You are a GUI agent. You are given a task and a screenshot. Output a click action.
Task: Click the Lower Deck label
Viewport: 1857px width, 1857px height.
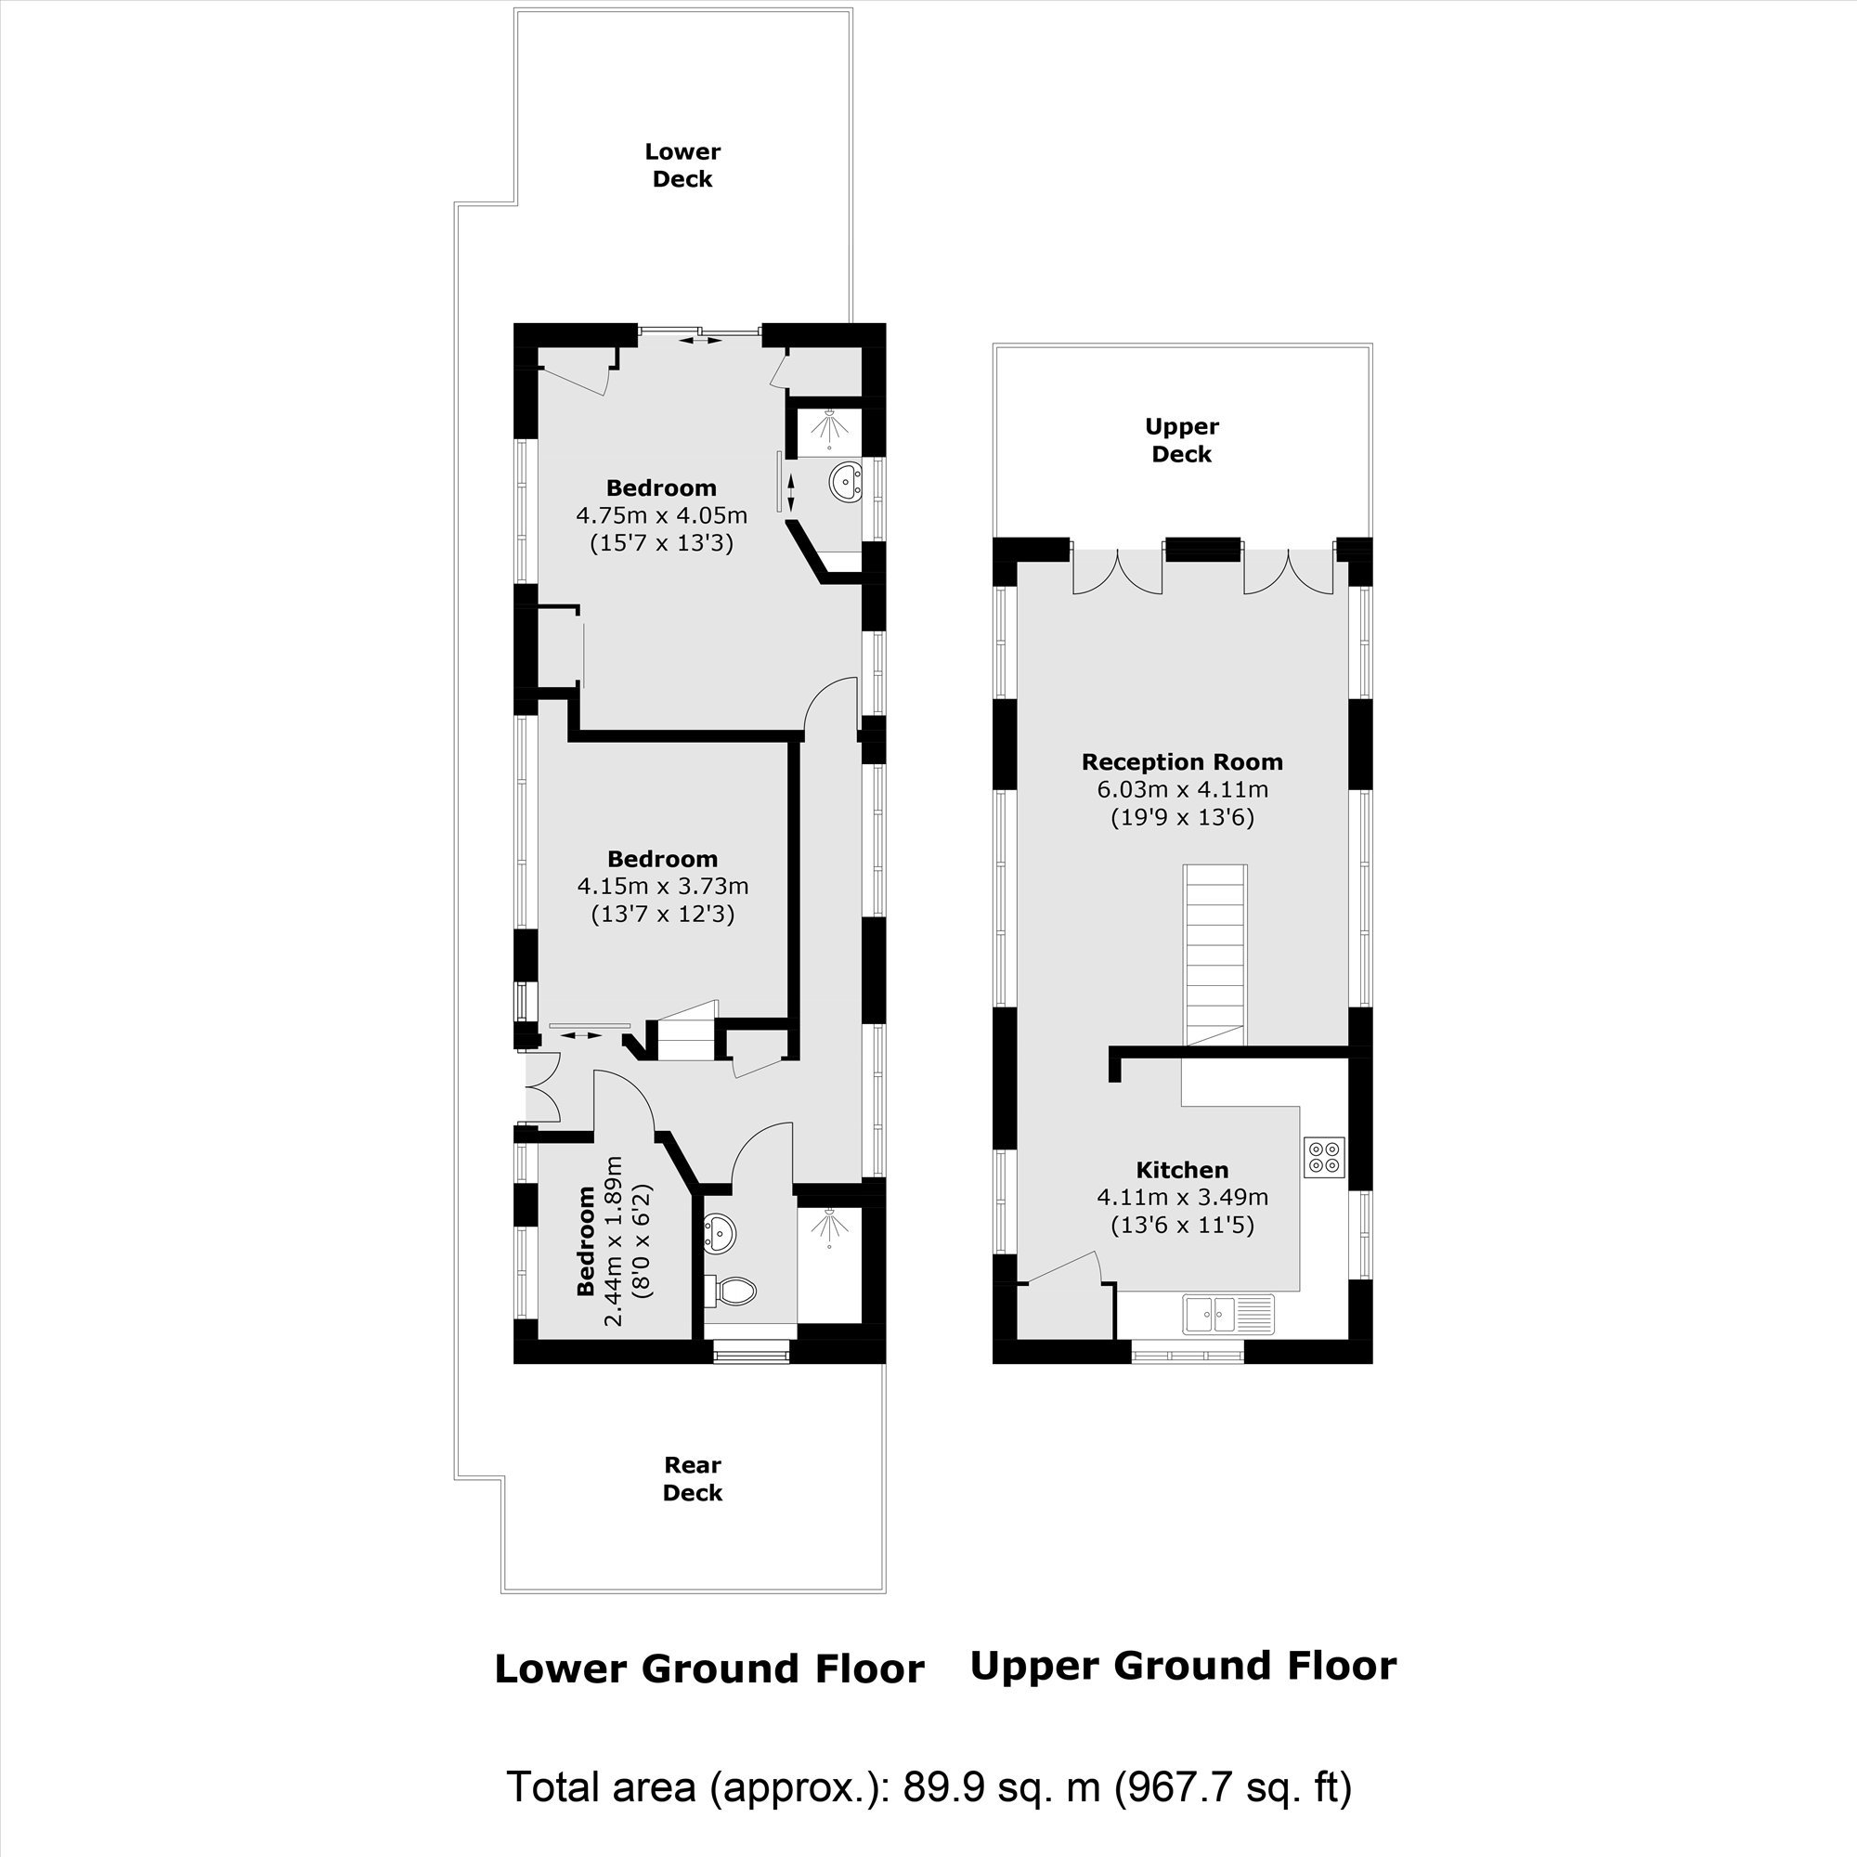[682, 165]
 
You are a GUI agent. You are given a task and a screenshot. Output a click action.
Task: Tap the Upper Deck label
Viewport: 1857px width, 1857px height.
[1181, 440]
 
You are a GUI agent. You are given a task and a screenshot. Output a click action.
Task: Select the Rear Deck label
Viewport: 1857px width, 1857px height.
[692, 1479]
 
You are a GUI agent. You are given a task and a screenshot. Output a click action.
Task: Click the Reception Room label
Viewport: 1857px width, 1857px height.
[1181, 762]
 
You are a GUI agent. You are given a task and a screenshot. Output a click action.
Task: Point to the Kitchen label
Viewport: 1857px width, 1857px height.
[1181, 1170]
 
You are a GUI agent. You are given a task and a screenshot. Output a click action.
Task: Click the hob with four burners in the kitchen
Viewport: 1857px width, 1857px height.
[1323, 1156]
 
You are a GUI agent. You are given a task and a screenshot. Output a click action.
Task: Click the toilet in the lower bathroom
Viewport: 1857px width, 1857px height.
[731, 1292]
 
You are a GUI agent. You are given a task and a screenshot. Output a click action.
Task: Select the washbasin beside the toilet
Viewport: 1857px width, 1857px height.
[720, 1231]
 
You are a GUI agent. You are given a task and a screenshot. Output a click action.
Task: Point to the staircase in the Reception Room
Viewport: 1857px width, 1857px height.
[1214, 955]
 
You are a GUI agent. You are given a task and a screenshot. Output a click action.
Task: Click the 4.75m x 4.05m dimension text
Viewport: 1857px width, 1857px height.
[661, 515]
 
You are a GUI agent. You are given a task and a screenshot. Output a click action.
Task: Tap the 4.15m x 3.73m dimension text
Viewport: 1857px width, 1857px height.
[662, 885]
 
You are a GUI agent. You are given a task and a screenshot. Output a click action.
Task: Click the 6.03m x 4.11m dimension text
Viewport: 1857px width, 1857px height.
[1182, 790]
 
